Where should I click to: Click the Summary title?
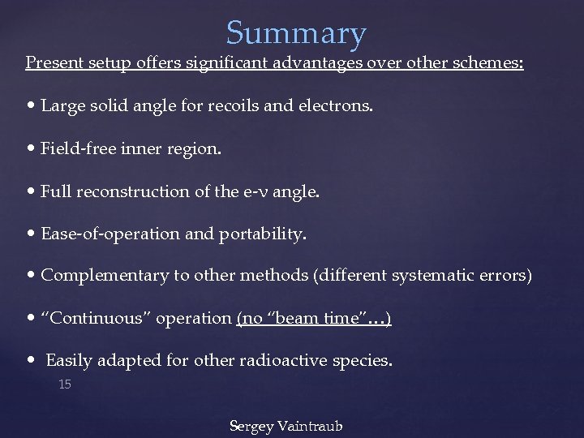coord(296,33)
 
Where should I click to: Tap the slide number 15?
coord(65,384)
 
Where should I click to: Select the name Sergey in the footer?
coord(251,426)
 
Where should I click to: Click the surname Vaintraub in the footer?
coord(311,426)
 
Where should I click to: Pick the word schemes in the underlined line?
coord(489,62)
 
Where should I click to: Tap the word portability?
coord(263,234)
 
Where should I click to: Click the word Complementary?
coord(105,276)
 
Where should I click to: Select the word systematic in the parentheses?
coord(432,276)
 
